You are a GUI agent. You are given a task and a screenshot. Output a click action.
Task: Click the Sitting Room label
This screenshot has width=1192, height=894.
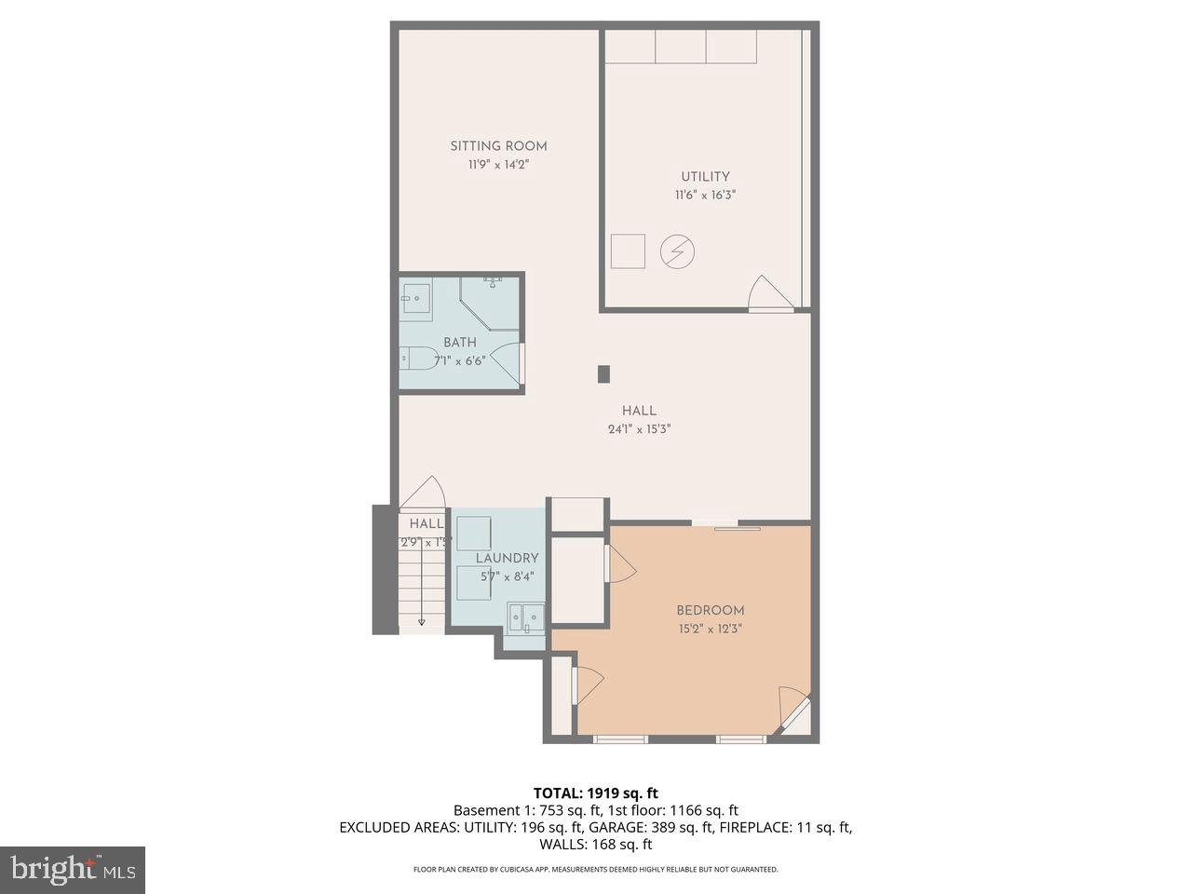[498, 146]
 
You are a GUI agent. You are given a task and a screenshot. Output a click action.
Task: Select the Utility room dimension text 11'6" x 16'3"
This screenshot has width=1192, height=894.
[705, 196]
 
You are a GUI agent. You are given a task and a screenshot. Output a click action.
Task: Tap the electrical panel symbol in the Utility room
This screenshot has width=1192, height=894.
[677, 251]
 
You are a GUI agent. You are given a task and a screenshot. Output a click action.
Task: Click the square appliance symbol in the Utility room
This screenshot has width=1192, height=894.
[628, 251]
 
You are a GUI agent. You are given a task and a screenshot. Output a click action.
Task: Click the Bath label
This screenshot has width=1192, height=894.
[459, 343]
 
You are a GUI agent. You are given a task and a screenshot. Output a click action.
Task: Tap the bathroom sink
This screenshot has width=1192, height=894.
[416, 300]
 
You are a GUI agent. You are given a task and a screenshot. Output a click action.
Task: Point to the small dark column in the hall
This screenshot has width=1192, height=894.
[603, 373]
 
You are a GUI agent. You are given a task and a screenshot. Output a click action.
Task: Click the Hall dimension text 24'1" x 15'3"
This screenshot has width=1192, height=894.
[639, 429]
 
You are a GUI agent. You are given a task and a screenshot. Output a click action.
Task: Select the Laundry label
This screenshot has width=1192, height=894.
[507, 559]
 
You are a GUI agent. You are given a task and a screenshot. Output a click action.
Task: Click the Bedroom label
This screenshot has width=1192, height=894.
[710, 611]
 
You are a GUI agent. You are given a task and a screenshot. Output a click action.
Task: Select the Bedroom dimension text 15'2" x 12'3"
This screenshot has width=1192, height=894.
[710, 629]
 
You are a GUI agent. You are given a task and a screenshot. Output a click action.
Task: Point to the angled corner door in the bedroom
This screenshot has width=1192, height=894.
[793, 711]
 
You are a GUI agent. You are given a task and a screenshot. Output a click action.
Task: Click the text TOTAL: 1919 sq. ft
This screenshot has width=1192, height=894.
[595, 793]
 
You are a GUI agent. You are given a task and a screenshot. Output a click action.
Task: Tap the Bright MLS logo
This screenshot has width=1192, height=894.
[72, 870]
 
